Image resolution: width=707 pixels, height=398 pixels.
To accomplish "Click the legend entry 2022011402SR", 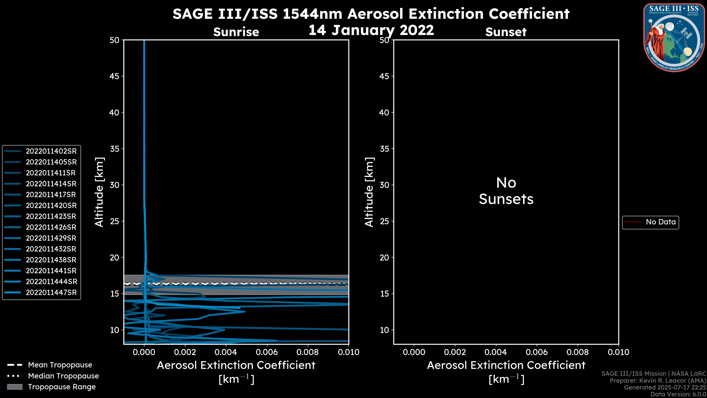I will (x=51, y=151).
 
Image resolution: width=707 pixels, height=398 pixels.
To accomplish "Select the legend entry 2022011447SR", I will (x=51, y=293).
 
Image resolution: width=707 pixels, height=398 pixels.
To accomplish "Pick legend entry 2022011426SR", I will (x=51, y=227).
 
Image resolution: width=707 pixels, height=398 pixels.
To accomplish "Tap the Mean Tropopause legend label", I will (x=60, y=365).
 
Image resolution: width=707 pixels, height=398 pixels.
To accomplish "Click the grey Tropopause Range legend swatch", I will (x=15, y=387).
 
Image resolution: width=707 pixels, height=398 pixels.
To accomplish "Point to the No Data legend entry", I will (x=660, y=222).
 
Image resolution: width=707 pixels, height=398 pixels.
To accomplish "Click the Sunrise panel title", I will (x=236, y=32).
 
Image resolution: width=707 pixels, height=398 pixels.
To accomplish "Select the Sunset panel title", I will (x=506, y=32).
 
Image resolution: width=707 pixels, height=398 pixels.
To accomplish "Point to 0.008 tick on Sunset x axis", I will (x=578, y=352).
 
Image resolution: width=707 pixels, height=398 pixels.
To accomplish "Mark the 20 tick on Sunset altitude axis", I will (x=384, y=257).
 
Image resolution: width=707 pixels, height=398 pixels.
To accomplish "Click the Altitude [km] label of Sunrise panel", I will (x=99, y=192).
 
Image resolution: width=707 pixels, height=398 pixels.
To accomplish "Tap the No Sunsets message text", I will (x=506, y=191).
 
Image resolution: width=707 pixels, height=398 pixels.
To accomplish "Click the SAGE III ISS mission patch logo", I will (x=674, y=37).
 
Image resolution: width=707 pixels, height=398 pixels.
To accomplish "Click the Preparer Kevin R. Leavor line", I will (x=658, y=380).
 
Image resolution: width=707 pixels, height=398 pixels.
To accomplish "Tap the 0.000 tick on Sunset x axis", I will (x=414, y=352).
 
